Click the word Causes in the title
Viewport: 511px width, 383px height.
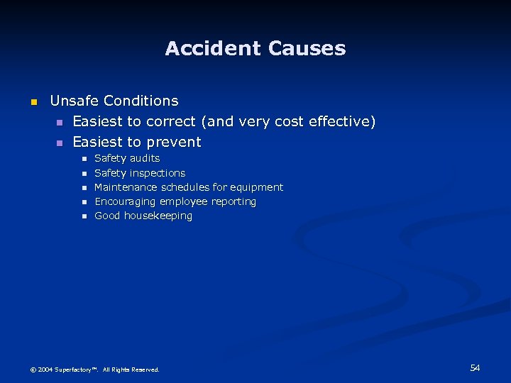pos(307,48)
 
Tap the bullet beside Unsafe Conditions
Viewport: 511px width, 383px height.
pos(32,102)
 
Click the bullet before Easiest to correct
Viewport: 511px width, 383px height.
pos(60,123)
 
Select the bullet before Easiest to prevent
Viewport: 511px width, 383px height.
pos(60,143)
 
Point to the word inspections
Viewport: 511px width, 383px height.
pos(158,173)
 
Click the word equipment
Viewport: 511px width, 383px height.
pos(257,187)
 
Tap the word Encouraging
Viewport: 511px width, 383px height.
pos(125,201)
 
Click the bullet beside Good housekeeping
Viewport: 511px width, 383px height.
pos(83,216)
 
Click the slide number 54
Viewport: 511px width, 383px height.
pos(475,367)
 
